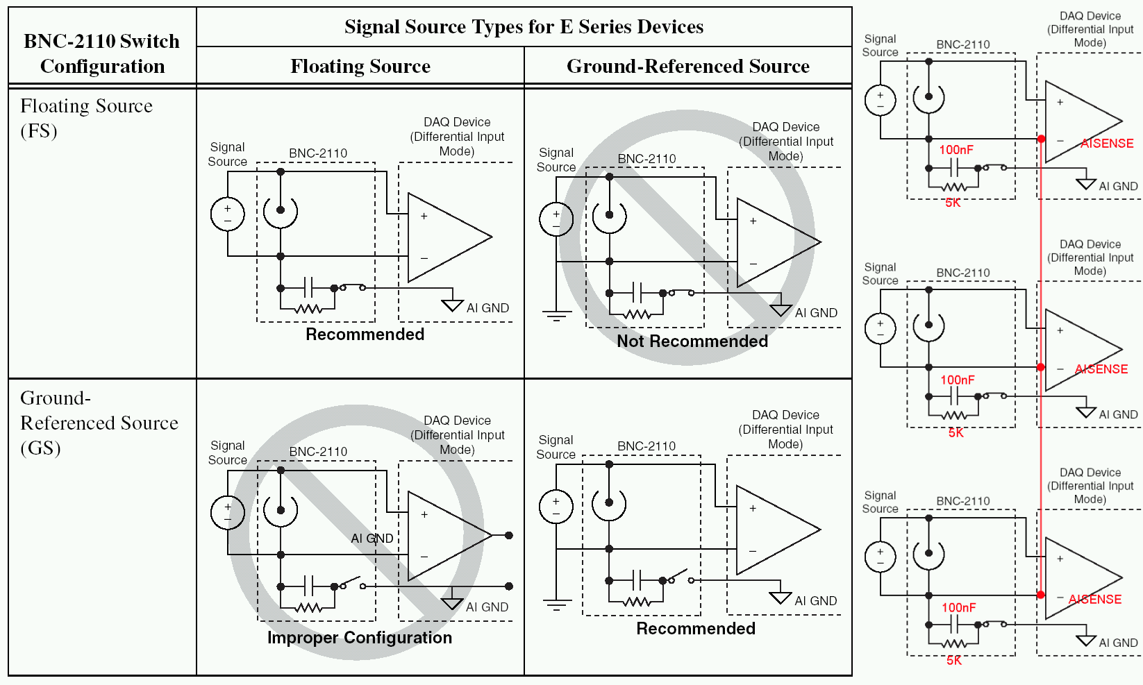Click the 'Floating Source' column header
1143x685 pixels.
pos(360,67)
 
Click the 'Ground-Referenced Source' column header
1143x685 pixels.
pos(687,67)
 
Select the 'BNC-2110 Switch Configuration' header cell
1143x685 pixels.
pos(102,53)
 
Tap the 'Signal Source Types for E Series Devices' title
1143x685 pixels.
pos(524,27)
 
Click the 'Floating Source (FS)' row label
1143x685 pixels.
pos(86,118)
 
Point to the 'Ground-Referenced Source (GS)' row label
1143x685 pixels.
pos(99,423)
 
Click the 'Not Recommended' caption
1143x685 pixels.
pos(692,341)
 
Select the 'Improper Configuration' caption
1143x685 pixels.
pos(360,638)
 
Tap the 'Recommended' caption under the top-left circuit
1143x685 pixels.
pos(365,335)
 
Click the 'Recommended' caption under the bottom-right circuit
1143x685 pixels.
pos(696,629)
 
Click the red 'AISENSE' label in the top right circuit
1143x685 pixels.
pos(1107,144)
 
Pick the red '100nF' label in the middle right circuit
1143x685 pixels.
pos(958,380)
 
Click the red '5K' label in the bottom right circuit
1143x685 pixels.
pos(954,661)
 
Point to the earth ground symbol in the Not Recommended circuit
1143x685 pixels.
pos(556,316)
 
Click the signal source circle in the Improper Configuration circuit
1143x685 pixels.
pos(228,513)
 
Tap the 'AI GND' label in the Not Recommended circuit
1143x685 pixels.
pos(816,313)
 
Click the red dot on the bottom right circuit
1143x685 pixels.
pos(1040,595)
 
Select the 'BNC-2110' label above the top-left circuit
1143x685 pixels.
pos(318,153)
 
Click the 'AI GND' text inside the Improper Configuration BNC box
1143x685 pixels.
pos(372,539)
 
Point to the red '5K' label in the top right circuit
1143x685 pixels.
pos(953,203)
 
